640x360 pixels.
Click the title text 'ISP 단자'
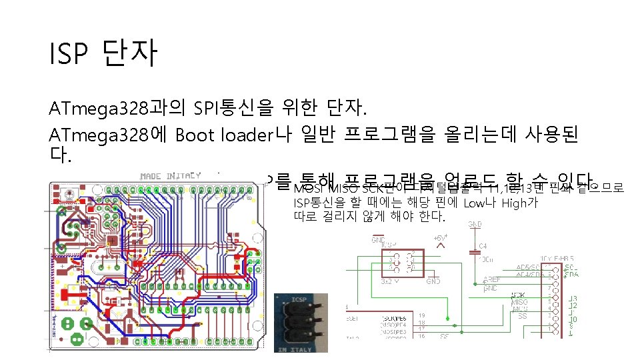tap(103, 54)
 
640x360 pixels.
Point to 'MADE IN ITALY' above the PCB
tap(170, 176)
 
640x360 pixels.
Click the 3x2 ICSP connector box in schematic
tap(398, 263)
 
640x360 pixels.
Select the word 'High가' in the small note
tap(521, 203)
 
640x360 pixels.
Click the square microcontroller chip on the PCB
tap(114, 239)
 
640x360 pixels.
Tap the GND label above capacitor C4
tap(475, 224)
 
